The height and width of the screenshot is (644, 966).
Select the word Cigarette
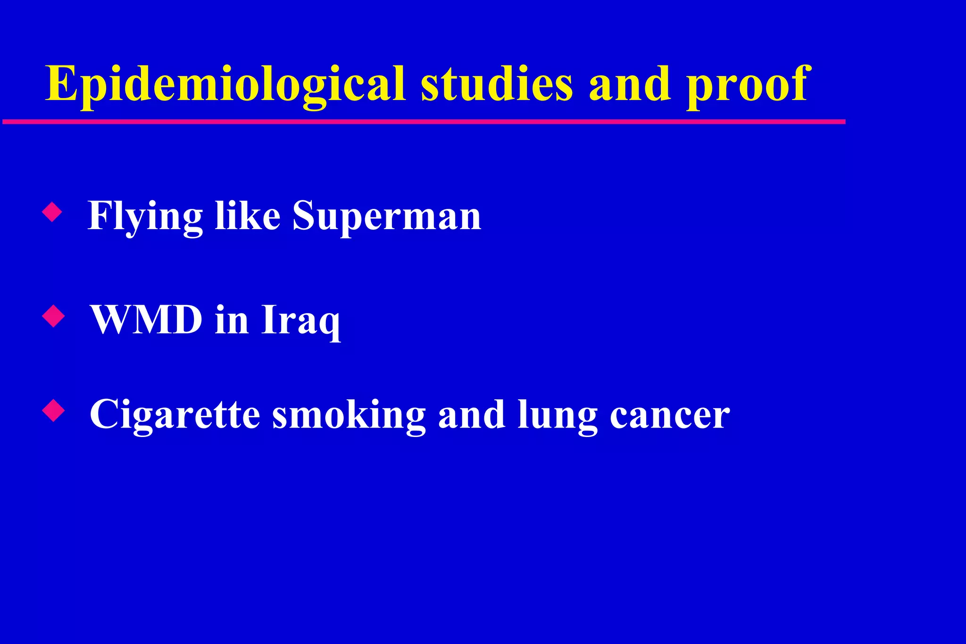(175, 415)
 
